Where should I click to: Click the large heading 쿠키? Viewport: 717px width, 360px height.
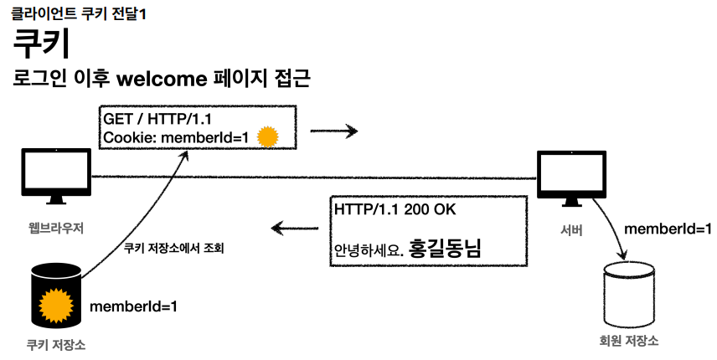click(41, 44)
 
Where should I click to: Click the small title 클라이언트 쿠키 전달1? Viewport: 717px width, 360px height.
click(79, 13)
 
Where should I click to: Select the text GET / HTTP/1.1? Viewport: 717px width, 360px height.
click(155, 119)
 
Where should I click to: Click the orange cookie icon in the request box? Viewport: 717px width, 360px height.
click(267, 136)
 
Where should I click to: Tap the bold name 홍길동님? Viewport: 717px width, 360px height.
click(449, 247)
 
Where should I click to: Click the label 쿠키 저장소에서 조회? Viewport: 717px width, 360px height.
click(173, 249)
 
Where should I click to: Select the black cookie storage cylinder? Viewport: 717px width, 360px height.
click(56, 296)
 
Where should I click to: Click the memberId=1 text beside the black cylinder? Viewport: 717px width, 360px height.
click(133, 306)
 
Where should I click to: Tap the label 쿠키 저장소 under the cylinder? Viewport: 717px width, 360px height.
click(56, 344)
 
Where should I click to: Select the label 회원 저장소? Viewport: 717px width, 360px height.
click(628, 342)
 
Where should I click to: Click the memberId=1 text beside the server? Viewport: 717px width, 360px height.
click(668, 229)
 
